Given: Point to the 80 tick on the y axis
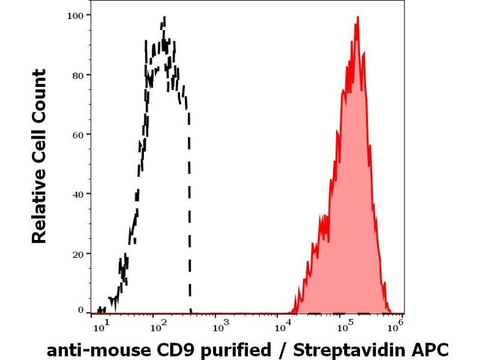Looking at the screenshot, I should coord(77,74).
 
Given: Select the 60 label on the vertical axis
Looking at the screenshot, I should coord(77,134).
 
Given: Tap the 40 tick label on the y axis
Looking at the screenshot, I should coord(77,193).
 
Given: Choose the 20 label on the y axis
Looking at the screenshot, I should coord(77,253).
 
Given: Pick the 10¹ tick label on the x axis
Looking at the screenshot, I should coord(101,327).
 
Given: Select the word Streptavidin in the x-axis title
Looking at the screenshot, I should coord(356,350).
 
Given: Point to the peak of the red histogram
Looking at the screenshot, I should coord(358,17).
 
